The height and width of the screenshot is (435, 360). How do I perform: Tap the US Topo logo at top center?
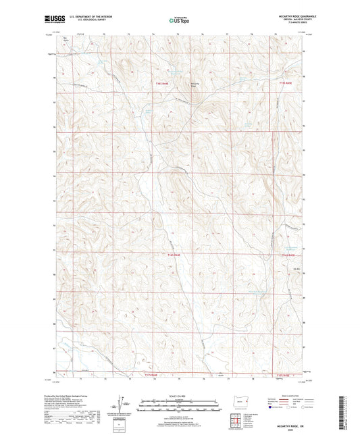[178, 20]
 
